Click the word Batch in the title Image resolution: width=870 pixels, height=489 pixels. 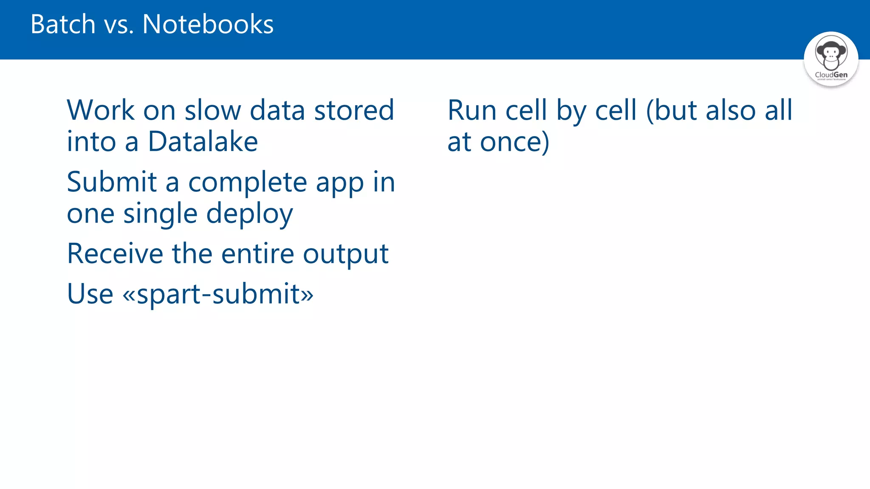pyautogui.click(x=63, y=24)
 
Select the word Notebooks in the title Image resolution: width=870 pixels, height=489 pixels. pyautogui.click(x=208, y=24)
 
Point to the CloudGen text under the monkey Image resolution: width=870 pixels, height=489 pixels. pyautogui.click(x=831, y=75)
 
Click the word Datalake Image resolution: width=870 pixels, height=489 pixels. pyautogui.click(x=203, y=141)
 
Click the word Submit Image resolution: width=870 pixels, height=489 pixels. pyautogui.click(x=112, y=182)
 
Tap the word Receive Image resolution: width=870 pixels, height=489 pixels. pyautogui.click(x=115, y=254)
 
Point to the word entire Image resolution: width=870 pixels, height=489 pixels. pyautogui.click(x=258, y=254)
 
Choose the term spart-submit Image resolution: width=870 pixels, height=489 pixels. pyautogui.click(x=218, y=294)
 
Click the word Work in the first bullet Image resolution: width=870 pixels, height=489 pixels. pyautogui.click(x=101, y=110)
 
